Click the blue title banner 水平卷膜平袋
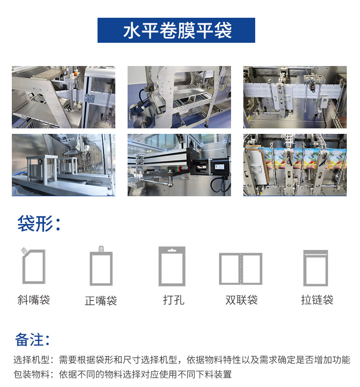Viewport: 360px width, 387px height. (x=176, y=30)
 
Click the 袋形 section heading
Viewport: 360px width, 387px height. (x=39, y=224)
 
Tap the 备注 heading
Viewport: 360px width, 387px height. (x=32, y=339)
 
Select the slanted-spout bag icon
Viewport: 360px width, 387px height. (x=33, y=265)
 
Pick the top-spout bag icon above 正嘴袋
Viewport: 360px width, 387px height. (x=101, y=266)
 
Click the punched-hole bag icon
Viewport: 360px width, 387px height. (x=172, y=266)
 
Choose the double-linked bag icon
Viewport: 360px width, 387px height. (x=241, y=269)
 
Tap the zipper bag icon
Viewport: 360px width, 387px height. (x=315, y=268)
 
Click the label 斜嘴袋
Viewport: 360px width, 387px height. (x=34, y=300)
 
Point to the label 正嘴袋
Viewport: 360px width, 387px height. (x=101, y=300)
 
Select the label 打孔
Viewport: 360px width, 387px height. (x=174, y=300)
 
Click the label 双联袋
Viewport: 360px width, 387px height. (x=242, y=300)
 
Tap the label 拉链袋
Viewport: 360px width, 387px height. (x=317, y=300)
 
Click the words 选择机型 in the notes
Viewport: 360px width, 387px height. (x=31, y=360)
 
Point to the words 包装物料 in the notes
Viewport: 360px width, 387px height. (x=31, y=374)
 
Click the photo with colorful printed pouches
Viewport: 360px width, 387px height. (x=295, y=165)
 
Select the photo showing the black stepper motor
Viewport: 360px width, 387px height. (x=179, y=165)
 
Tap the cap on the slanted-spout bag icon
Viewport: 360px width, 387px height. (x=24, y=250)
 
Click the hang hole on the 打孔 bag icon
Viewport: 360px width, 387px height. (x=172, y=250)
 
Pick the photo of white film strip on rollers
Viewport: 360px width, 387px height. (x=295, y=97)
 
